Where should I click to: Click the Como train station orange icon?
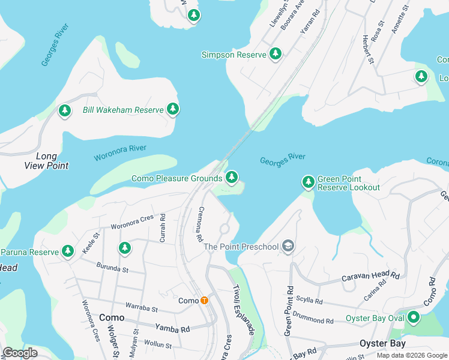coord(205,301)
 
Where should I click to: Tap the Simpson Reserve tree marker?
coord(276,54)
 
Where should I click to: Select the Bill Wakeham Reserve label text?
coord(123,110)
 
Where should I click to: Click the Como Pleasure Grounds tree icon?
coord(232,178)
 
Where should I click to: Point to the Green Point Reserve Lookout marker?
coord(308,181)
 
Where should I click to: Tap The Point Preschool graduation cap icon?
coord(288,246)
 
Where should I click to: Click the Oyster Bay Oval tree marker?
coord(413,317)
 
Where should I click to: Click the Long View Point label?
coord(46,161)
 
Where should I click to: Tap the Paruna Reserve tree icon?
coord(68,251)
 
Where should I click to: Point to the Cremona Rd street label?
coord(200,224)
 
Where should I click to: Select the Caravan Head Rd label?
coord(370,277)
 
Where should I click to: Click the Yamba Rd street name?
coord(172,328)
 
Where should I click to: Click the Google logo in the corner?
coord(20,353)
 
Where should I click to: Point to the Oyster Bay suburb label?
coord(382,344)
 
